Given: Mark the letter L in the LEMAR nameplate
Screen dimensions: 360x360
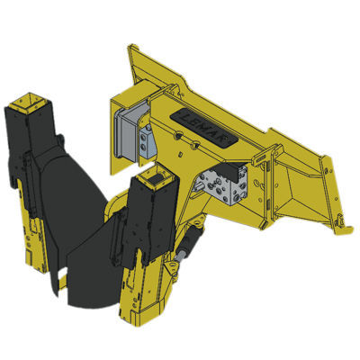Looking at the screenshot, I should point(184,115).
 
